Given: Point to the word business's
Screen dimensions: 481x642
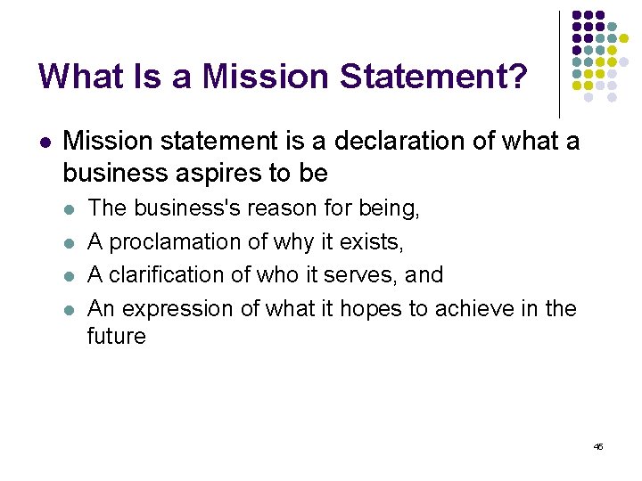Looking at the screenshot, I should click(189, 208).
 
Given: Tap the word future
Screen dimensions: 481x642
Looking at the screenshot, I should click(116, 337).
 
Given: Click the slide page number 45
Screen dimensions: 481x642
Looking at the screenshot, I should click(598, 446).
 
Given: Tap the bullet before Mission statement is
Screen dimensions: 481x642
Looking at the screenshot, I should click(45, 143).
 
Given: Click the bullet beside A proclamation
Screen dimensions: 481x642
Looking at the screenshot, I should click(70, 243).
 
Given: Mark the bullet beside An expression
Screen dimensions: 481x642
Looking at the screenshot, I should click(70, 310).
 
